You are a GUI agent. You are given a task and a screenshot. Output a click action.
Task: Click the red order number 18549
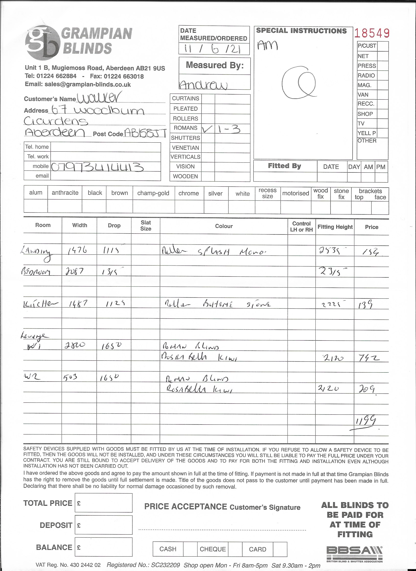(372, 33)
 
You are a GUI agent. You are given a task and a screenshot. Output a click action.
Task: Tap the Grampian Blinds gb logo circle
(42, 43)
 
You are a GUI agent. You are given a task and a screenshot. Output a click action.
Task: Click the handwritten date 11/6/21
(212, 49)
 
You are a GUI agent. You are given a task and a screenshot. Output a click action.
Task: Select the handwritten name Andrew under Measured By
(203, 85)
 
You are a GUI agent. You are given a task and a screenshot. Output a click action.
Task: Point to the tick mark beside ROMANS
(207, 129)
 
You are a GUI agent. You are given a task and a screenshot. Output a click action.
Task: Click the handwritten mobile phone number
(97, 167)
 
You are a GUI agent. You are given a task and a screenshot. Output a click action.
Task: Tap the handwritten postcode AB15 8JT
(146, 133)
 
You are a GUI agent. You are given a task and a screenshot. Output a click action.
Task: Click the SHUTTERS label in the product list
(185, 138)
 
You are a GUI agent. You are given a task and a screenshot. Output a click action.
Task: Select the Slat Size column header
(146, 226)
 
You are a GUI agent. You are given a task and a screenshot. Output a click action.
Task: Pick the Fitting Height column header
(335, 227)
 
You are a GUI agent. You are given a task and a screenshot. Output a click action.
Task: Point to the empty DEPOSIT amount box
(104, 525)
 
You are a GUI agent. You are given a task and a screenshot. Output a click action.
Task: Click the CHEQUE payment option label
(213, 549)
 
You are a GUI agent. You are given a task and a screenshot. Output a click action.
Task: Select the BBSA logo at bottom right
(354, 554)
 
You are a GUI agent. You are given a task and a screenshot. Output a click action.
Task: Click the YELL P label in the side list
(367, 133)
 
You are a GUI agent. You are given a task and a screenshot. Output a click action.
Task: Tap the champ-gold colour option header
(153, 193)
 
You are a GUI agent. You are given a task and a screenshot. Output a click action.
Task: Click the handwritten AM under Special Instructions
(267, 46)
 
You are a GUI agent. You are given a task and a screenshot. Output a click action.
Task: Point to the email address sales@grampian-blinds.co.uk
(88, 84)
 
